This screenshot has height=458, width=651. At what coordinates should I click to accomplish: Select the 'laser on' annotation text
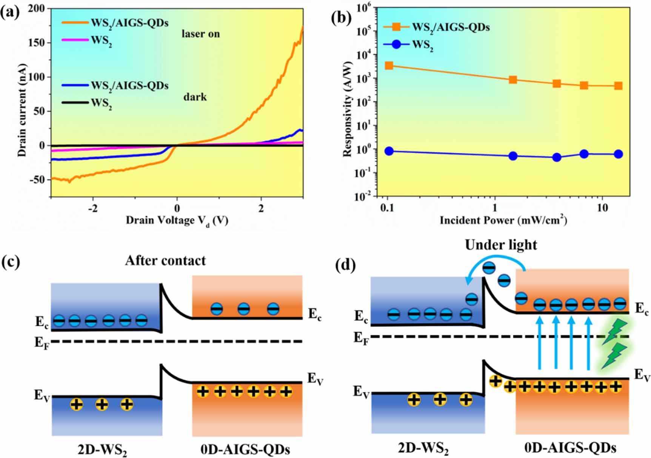tap(200, 34)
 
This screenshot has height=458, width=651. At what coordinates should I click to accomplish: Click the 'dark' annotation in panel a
tap(195, 97)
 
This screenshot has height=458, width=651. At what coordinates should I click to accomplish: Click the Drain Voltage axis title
tap(177, 221)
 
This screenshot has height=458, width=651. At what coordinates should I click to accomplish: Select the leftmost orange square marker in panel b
tap(389, 66)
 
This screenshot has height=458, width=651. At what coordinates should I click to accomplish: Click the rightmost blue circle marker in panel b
tap(618, 154)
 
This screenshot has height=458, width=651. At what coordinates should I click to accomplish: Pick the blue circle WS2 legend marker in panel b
tap(396, 45)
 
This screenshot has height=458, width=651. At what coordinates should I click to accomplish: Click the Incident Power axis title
tap(503, 220)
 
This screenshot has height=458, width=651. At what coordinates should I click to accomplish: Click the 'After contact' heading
tap(165, 261)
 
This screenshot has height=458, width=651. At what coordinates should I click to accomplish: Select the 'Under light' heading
tap(501, 245)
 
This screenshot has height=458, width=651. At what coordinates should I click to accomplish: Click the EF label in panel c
tap(42, 343)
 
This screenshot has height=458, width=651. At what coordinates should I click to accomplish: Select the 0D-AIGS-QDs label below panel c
tap(245, 450)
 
